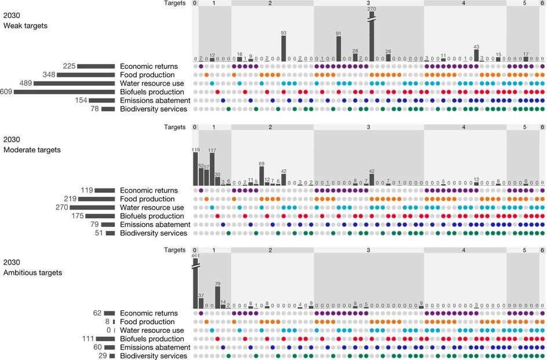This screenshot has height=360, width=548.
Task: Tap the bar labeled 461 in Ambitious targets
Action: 195,284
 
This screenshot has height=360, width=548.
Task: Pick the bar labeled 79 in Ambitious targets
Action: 217,298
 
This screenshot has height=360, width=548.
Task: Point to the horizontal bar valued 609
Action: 60,91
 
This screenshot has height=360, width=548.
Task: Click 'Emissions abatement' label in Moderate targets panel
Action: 155,225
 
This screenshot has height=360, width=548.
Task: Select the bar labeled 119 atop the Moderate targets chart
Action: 195,168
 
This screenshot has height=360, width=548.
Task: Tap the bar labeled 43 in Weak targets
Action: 476,56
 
